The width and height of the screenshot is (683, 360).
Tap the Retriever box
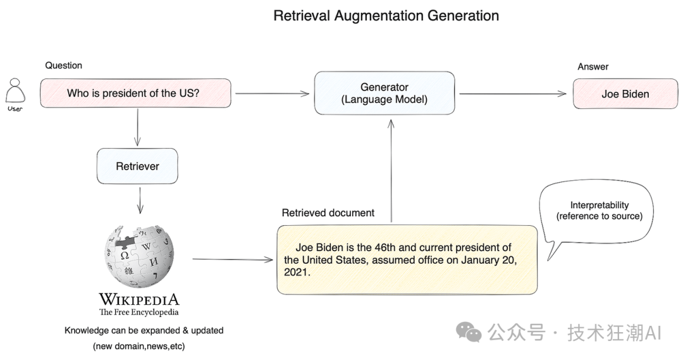(137, 166)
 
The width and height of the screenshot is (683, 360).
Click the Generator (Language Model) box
(385, 93)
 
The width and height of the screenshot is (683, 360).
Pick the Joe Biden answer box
(625, 94)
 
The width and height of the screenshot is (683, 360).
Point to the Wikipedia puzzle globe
(139, 256)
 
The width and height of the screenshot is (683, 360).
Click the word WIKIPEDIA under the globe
(138, 299)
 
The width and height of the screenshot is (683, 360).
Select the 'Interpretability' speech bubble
(598, 212)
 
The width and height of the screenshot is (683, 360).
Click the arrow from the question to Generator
(272, 94)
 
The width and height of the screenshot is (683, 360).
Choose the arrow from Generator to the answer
(512, 94)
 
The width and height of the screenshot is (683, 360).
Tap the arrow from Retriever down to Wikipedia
(139, 199)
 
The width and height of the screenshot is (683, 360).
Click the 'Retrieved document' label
(328, 213)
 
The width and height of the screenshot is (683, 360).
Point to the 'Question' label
(63, 65)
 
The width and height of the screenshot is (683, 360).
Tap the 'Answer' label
(593, 66)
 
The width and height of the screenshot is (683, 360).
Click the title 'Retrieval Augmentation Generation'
(386, 16)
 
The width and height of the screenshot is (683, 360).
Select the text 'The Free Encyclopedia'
(138, 312)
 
